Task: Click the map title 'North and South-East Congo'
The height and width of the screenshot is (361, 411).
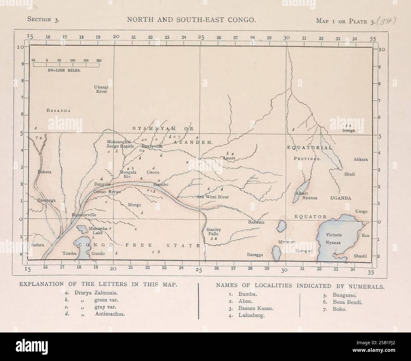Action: coord(191,20)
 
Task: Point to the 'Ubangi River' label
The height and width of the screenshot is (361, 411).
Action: coord(101,89)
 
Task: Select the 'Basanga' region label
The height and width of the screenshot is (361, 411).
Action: coord(58,111)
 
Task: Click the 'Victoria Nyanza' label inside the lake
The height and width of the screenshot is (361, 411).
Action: coord(333,238)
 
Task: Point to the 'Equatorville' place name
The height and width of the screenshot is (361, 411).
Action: coord(84,215)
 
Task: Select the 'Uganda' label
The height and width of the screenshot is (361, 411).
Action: coord(341,198)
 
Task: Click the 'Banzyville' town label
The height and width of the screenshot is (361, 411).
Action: coord(152,147)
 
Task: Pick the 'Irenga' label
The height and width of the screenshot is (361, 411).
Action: coord(348,130)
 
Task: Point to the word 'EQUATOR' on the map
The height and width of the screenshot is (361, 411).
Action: coord(310,217)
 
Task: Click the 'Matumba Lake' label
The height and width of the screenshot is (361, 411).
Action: coord(95,230)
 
